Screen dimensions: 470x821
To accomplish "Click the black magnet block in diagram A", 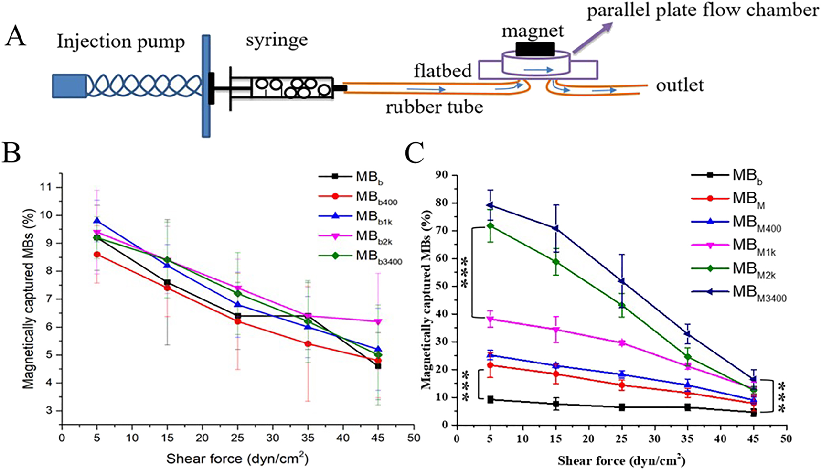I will pos(535,49).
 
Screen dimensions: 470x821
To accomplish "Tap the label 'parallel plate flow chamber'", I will pos(702,11).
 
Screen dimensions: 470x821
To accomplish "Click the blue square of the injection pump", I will pos(70,86).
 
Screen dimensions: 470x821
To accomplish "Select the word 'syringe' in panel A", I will pos(277,40).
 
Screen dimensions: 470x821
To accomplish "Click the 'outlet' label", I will pos(680,85).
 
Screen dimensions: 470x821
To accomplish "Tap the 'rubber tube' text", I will pos(434,107).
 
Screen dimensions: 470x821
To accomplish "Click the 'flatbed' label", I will pos(443,71).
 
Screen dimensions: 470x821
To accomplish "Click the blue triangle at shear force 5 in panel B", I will pos(97,221).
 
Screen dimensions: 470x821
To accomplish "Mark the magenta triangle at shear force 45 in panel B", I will pos(378,322).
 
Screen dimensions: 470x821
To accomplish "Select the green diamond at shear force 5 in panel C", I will pos(490,225).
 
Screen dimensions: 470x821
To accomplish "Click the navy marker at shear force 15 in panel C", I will pos(556,228).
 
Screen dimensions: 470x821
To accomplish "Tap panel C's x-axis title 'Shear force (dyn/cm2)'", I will pos(621,461).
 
